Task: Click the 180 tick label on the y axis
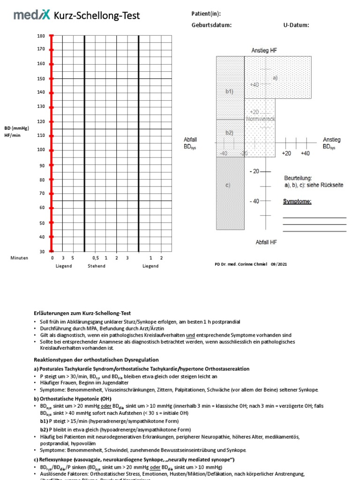41,36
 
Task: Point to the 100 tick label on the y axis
41,150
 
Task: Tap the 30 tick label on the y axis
42,251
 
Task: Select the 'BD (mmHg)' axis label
16,128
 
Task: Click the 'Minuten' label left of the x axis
19,258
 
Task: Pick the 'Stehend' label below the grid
97,266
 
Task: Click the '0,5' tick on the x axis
96,258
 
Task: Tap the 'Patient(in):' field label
206,14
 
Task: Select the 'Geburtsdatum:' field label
211,25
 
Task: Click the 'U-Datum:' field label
296,25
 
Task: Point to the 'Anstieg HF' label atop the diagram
264,50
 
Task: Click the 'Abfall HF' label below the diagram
266,242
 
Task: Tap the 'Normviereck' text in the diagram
261,119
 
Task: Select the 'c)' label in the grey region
228,185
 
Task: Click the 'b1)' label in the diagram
229,91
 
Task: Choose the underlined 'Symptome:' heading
297,202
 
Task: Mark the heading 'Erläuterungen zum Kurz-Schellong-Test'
82,313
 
